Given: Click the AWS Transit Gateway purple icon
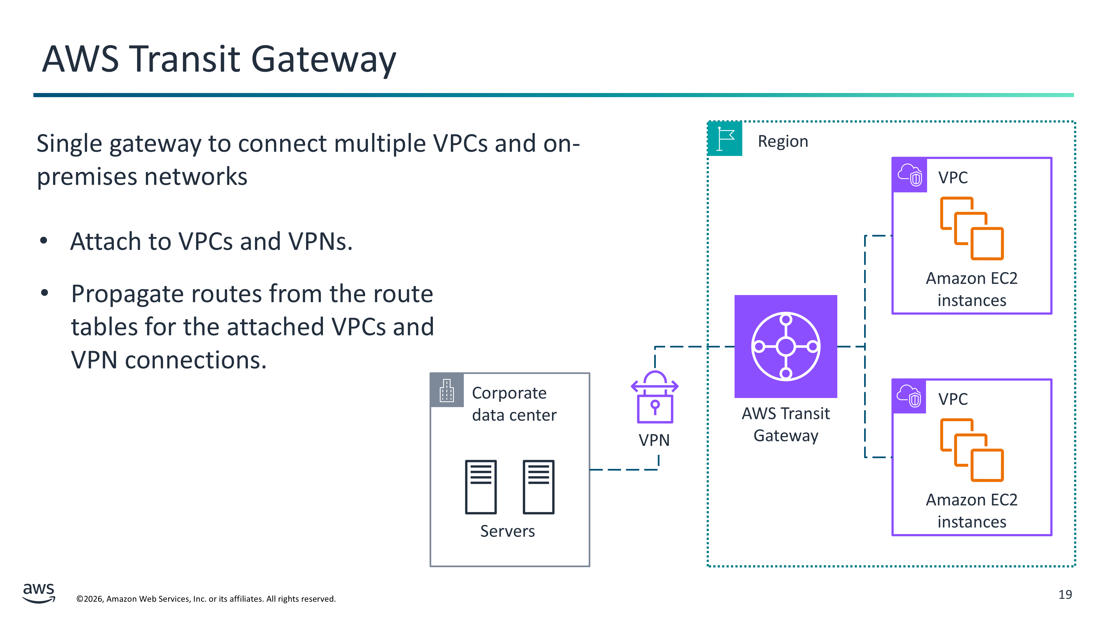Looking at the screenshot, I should coord(785,346).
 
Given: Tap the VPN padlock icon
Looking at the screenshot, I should coord(655,398).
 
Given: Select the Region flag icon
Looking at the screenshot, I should coord(725,139).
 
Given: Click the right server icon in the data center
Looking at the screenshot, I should coord(538,487).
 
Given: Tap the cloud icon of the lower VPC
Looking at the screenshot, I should coord(909,396).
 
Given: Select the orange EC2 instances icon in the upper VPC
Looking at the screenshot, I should coord(972,229).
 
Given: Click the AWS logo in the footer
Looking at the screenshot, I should coord(39,593).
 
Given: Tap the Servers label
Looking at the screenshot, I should coord(507,531).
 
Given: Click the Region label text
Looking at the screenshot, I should coord(783,141).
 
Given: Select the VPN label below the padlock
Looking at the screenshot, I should coord(654,440).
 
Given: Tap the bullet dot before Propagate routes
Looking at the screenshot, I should coord(44,293).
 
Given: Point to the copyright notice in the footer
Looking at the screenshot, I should coord(206,599).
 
